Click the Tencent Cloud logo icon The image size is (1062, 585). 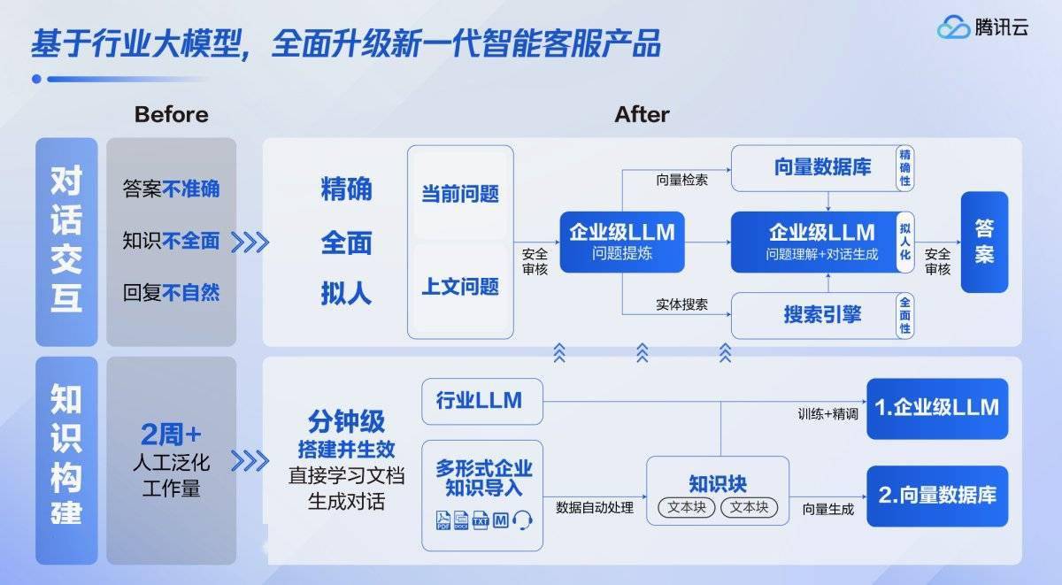pos(954,27)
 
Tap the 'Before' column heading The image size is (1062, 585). pos(171,114)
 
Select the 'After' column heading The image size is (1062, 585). pos(642,114)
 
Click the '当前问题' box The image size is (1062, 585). pos(460,194)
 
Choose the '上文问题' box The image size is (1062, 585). pos(460,286)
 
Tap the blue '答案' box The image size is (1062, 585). pos(984,242)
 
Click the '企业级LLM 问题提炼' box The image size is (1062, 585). pos(622,242)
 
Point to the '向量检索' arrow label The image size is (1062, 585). pos(681,180)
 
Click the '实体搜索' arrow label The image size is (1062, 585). pos(681,304)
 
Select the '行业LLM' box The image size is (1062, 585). pos(479,400)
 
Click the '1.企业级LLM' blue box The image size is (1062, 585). pos(936,408)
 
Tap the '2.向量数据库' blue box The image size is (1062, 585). pos(936,496)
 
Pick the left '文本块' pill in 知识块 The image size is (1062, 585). pos(687,507)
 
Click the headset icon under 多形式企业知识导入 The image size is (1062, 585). pos(523,520)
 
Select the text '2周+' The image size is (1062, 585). pos(171,435)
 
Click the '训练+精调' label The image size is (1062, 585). pos(827,413)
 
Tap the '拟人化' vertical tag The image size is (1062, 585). pos(904,241)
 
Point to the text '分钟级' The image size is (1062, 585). pos(346,420)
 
